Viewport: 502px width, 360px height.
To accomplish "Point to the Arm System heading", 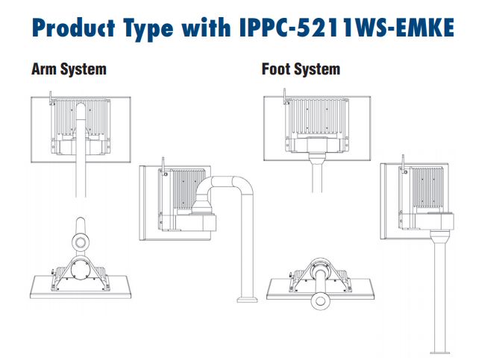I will [x=69, y=69].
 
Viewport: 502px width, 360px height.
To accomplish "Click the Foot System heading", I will [x=301, y=69].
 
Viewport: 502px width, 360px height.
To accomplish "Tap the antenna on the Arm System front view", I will [x=51, y=97].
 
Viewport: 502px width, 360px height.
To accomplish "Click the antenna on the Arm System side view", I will [x=162, y=162].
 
